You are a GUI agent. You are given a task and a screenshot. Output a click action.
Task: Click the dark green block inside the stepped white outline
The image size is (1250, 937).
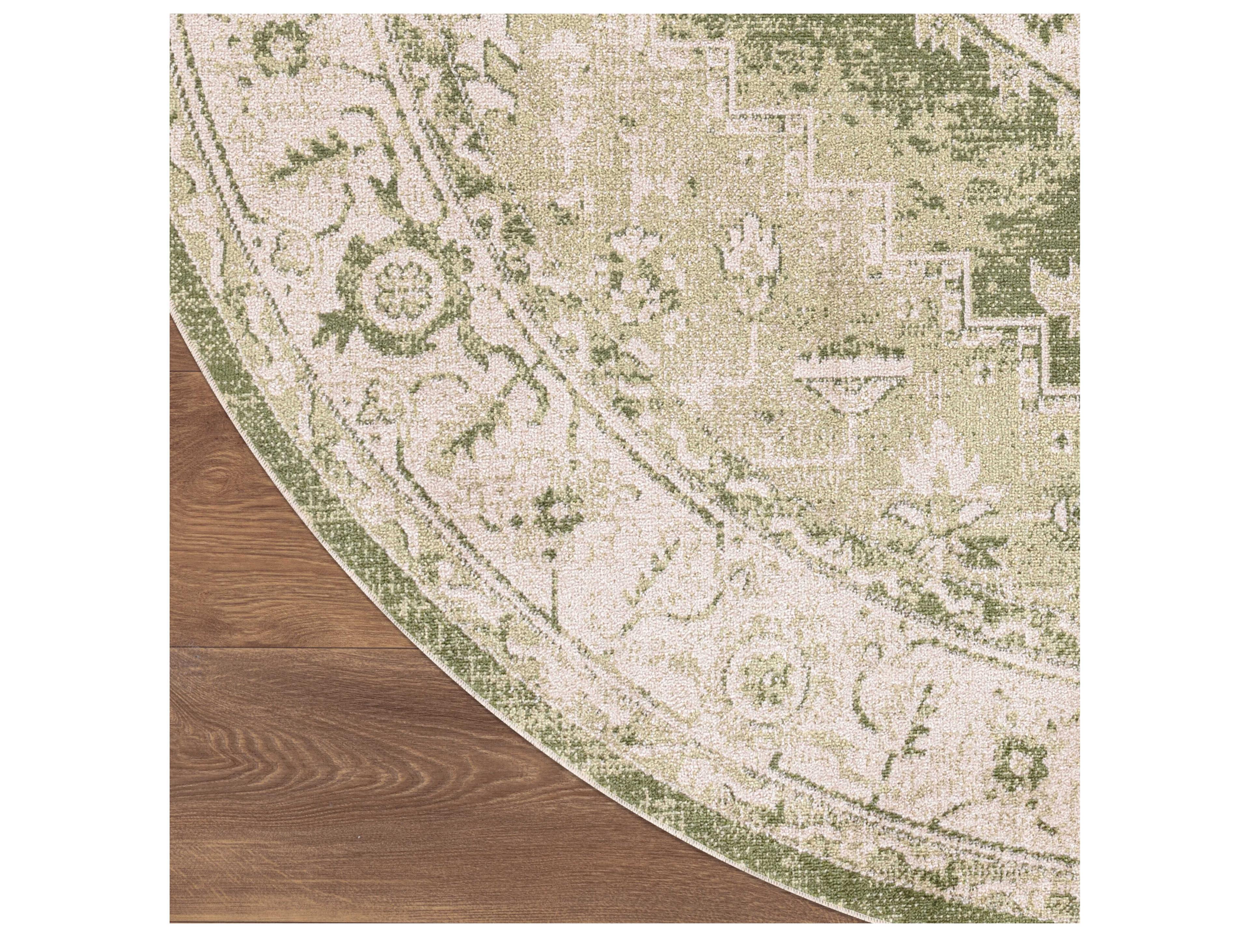pyautogui.click(x=1000, y=294)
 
